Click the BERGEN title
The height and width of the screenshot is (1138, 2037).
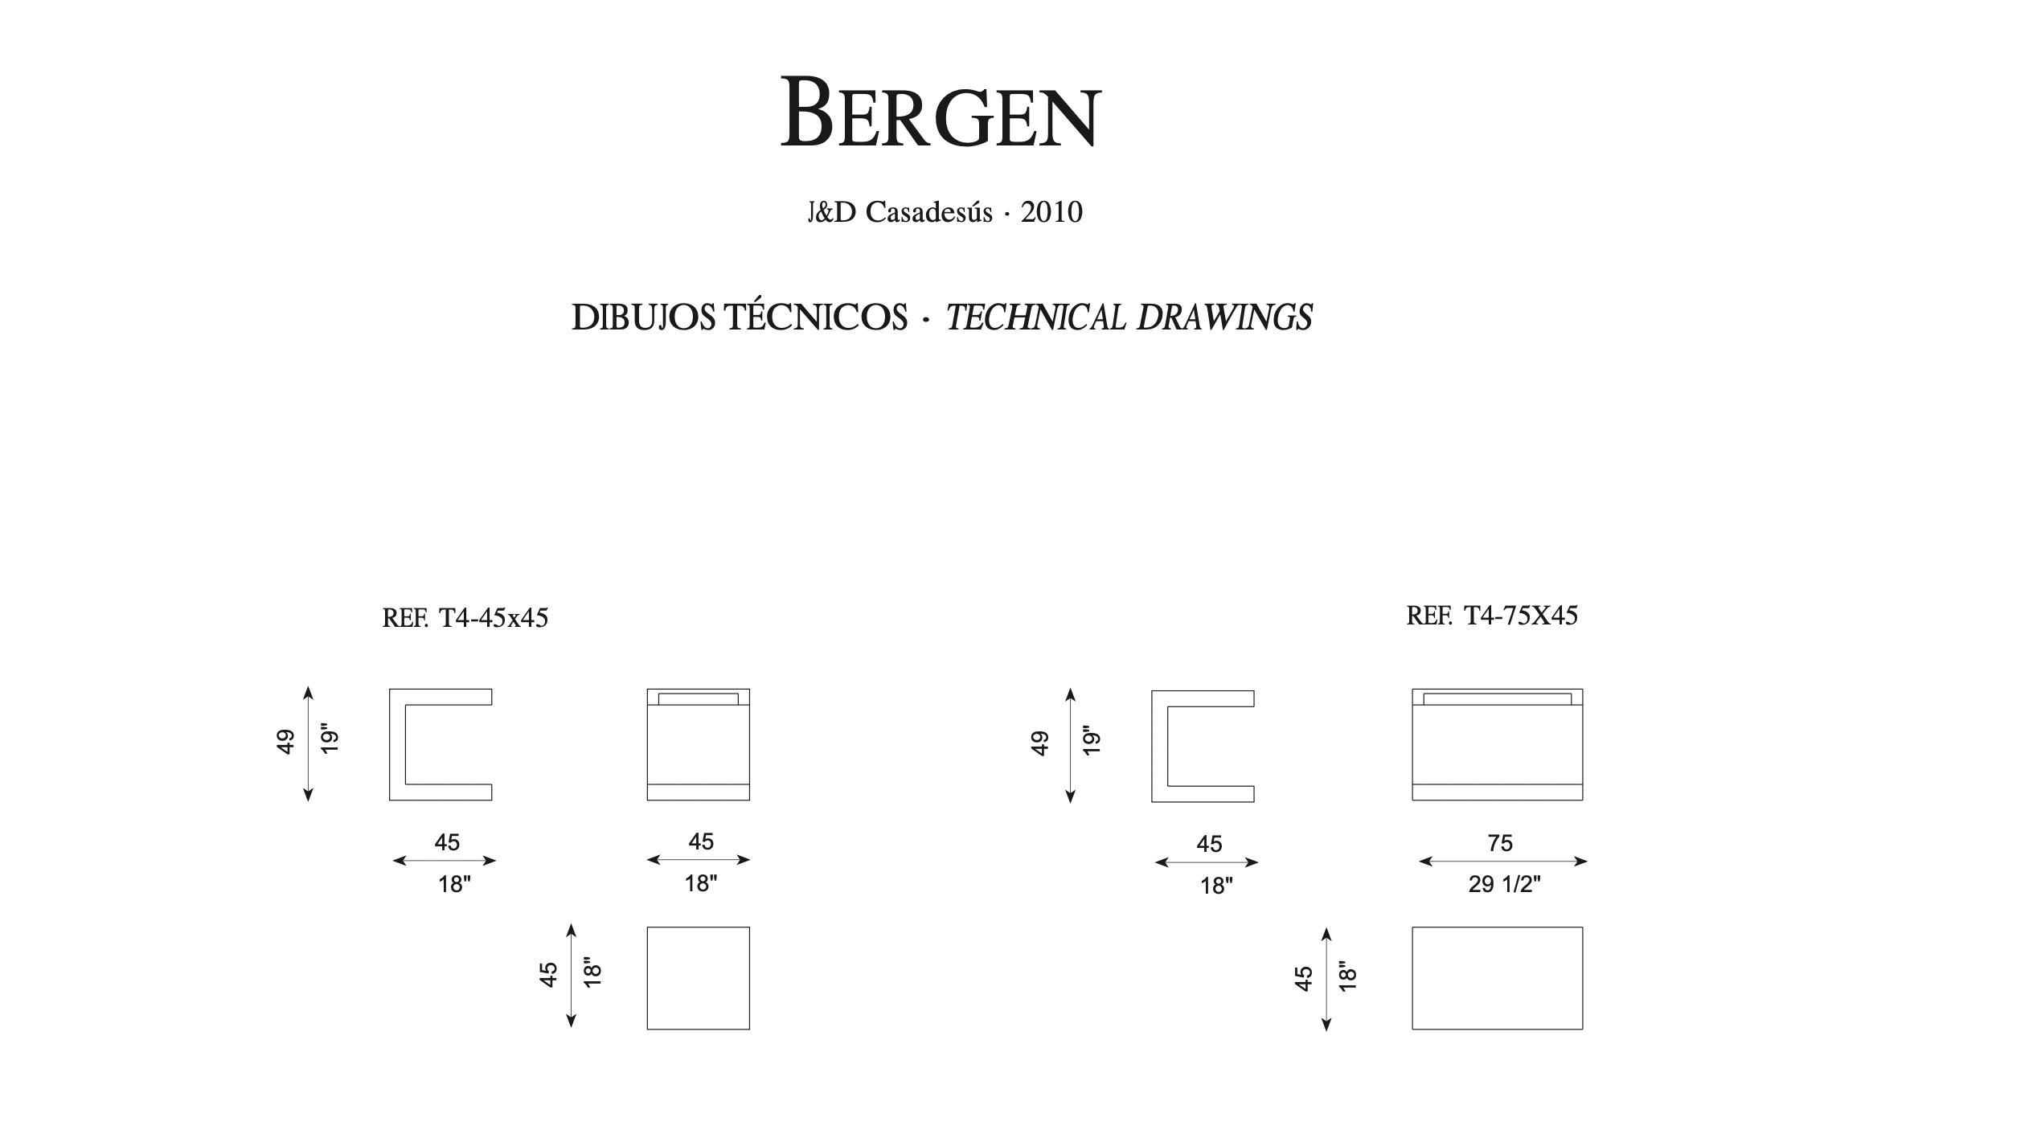pos(940,113)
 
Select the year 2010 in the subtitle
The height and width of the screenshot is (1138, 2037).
pos(1051,212)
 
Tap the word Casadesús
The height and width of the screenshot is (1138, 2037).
pos(928,212)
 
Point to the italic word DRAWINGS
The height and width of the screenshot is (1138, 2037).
pos(1223,318)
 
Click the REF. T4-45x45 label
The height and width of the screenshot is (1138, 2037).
pos(465,618)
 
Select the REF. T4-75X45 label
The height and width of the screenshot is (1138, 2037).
pos(1492,616)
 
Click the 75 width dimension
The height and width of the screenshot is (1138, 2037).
pos(1500,843)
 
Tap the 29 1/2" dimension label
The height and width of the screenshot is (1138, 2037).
pos(1504,884)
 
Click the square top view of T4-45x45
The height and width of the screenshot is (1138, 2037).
pos(698,978)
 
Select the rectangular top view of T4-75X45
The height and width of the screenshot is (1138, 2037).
pos(1497,978)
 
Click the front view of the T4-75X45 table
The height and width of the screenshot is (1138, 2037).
pos(1497,744)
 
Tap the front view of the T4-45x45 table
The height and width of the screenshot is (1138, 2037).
pos(698,744)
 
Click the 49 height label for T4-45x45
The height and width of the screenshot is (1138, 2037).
pos(285,742)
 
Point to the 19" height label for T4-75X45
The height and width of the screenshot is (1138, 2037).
pos(1091,740)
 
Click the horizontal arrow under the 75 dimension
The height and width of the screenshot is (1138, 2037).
pos(1502,862)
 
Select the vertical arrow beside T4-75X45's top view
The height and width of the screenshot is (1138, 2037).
pos(1326,979)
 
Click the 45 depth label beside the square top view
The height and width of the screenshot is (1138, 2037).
pos(548,975)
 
